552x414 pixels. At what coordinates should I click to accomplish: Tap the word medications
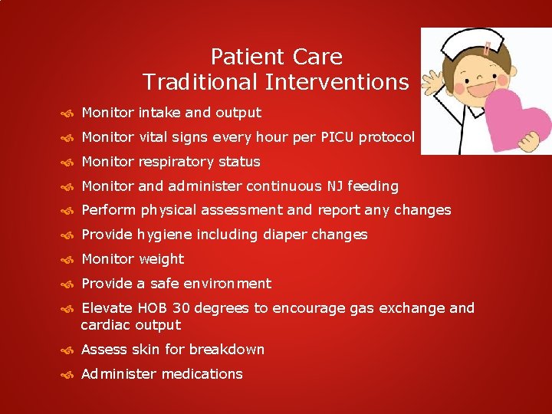tap(202, 374)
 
